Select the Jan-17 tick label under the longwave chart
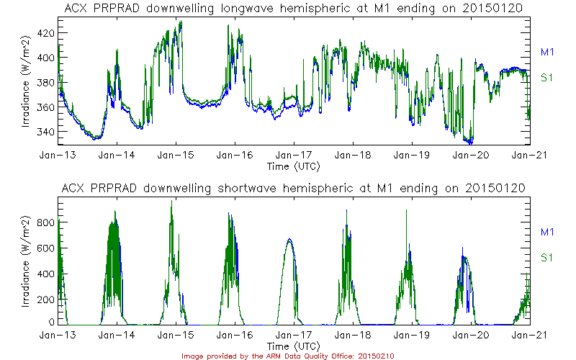(x=293, y=155)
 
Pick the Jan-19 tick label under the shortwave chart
(x=411, y=336)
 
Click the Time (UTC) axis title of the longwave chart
(x=293, y=166)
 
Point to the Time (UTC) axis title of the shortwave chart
(x=293, y=346)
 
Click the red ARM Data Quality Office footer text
(x=288, y=356)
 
